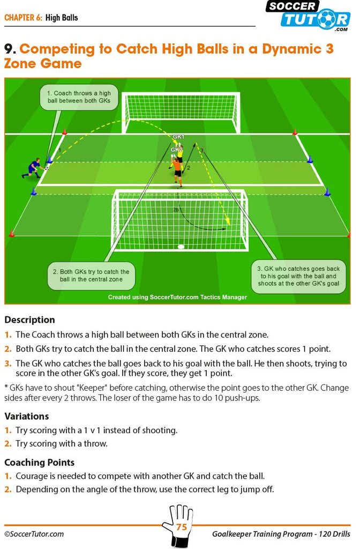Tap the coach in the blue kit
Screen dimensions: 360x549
click(x=33, y=168)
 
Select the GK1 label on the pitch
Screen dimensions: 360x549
click(x=178, y=137)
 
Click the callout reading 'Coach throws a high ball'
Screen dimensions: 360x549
click(x=79, y=97)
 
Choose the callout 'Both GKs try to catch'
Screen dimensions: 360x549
click(x=91, y=276)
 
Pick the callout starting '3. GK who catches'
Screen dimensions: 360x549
click(x=298, y=276)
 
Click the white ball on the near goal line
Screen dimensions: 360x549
click(x=181, y=247)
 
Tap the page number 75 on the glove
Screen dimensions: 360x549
click(x=182, y=526)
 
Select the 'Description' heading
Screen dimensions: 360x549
click(x=30, y=320)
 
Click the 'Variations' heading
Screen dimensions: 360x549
click(x=27, y=416)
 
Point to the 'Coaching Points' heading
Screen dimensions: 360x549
click(x=40, y=463)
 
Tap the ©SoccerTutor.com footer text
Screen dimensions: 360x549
click(x=34, y=534)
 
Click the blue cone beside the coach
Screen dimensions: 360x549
click(x=50, y=160)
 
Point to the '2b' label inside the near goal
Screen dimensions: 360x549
click(x=176, y=210)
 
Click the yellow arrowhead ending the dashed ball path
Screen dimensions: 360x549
click(x=228, y=221)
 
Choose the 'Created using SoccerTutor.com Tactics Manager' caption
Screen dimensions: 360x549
click(x=177, y=297)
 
